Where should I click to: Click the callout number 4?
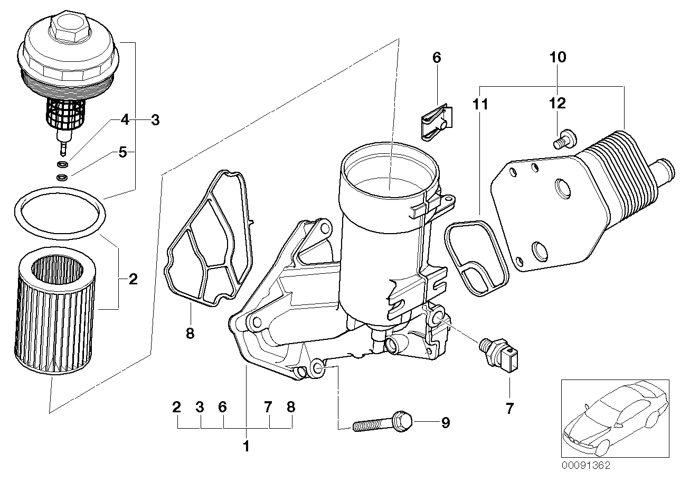[x=125, y=120]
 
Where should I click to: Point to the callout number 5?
[x=122, y=153]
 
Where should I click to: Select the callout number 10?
[x=558, y=57]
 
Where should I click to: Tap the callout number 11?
[x=480, y=104]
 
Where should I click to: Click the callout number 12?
[x=558, y=103]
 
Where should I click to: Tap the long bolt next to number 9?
[x=382, y=423]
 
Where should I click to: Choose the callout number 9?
[x=445, y=423]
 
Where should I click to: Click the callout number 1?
[x=245, y=447]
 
